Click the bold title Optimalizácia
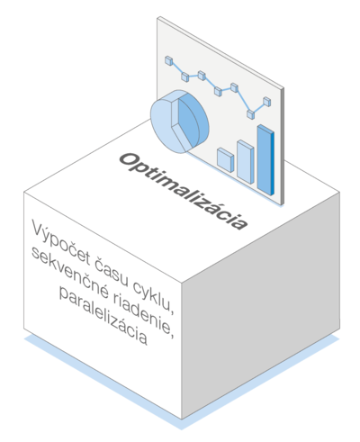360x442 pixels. [184, 192]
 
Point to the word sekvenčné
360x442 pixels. [69, 274]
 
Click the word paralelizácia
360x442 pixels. [103, 315]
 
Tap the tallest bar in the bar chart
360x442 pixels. [265, 160]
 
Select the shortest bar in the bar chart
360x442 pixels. [226, 159]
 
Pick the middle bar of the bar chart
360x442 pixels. [246, 162]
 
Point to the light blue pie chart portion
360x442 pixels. [165, 124]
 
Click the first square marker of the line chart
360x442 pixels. [169, 60]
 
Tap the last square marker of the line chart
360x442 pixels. [267, 102]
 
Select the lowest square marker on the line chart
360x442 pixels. [251, 114]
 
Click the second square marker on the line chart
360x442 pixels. [185, 77]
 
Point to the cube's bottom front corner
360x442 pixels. [182, 419]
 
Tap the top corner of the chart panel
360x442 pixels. [158, 17]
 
